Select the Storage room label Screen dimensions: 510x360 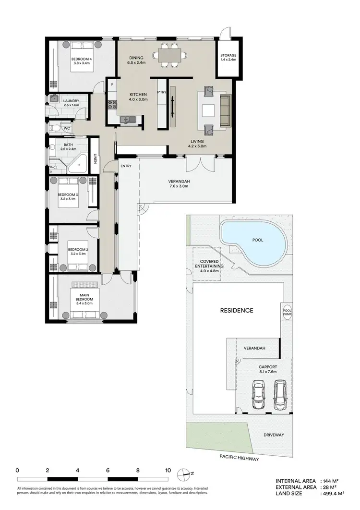[228, 58]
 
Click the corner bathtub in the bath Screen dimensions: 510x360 [77, 165]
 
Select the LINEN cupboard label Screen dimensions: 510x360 [95, 159]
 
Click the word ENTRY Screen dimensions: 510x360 [126, 166]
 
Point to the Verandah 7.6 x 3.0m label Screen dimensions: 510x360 [179, 183]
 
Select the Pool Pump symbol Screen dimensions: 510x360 [288, 312]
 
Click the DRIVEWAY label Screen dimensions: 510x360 [274, 435]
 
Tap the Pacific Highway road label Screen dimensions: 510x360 [239, 459]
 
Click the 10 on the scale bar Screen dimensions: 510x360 [168, 470]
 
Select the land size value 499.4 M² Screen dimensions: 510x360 [333, 493]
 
